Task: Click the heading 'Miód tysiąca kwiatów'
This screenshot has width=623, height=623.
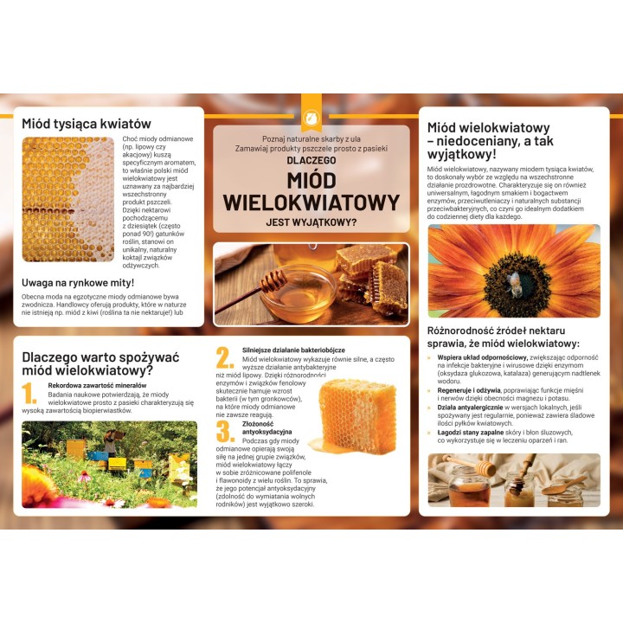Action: [x=87, y=124]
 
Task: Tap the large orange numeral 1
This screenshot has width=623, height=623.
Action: [x=29, y=394]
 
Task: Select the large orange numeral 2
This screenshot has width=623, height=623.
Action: [x=224, y=357]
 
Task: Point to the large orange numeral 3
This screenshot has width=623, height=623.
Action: [x=225, y=432]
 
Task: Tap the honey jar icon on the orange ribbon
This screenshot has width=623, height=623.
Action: [x=311, y=117]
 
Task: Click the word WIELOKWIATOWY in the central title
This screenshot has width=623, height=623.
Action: [x=311, y=202]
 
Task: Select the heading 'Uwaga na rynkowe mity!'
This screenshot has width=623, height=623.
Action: [x=78, y=283]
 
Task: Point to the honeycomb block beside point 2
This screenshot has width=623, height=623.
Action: [x=357, y=416]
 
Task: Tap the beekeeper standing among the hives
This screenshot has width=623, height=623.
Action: [x=111, y=443]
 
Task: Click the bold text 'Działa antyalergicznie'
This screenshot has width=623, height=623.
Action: [x=470, y=408]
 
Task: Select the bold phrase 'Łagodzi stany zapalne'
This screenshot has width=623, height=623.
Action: [x=471, y=433]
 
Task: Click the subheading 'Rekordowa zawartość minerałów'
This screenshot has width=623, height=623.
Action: [x=97, y=385]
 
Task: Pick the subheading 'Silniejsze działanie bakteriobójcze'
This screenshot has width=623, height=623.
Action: [x=293, y=350]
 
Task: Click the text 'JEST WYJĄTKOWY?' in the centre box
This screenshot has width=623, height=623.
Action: [x=311, y=222]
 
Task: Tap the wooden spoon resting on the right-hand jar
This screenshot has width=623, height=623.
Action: [x=563, y=485]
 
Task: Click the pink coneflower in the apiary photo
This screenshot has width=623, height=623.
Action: [x=84, y=476]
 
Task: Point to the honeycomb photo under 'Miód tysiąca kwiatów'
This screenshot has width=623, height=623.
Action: [x=68, y=200]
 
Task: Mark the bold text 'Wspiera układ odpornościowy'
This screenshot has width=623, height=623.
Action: [x=482, y=357]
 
